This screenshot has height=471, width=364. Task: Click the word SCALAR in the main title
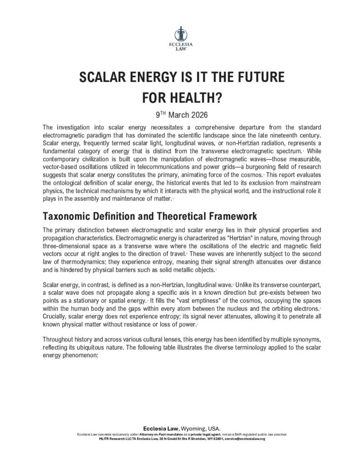(x=105, y=77)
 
